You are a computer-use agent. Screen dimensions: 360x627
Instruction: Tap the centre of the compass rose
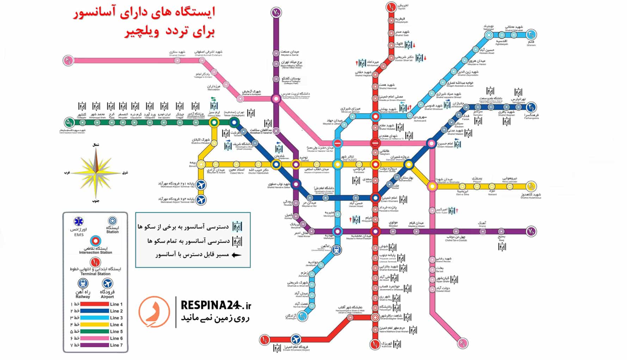tap(96, 173)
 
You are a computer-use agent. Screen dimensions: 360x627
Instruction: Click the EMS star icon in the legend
tap(79, 222)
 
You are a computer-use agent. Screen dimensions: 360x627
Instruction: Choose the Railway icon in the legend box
tap(83, 284)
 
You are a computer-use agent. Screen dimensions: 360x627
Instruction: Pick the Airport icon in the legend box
tap(107, 284)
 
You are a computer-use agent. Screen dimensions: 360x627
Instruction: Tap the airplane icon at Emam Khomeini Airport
tap(296, 340)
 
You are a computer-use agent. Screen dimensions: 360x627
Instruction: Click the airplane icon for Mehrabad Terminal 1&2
tap(201, 185)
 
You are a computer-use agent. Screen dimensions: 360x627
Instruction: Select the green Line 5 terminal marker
tap(69, 123)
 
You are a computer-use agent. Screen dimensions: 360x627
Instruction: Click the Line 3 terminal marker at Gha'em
tap(532, 35)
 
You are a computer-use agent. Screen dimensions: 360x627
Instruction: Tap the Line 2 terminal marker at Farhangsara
tap(532, 107)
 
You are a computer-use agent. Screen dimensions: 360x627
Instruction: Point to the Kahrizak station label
tap(386, 344)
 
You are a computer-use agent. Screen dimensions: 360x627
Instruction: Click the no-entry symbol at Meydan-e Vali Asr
tap(338, 143)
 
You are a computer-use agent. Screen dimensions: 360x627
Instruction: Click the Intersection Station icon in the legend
tap(95, 241)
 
